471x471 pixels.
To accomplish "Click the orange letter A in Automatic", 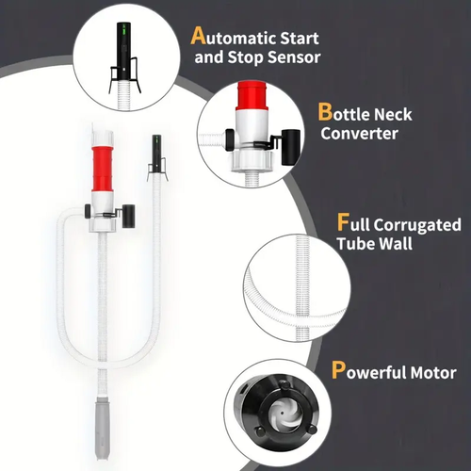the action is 198,36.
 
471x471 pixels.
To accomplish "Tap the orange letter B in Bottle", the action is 325,112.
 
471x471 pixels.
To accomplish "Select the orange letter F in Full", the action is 343,221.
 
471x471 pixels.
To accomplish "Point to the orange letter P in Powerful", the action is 338,370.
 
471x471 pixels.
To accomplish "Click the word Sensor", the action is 294,57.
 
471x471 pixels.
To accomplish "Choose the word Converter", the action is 359,133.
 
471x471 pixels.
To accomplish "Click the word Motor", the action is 433,373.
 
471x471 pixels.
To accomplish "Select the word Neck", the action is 393,114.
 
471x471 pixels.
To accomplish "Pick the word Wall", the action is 396,244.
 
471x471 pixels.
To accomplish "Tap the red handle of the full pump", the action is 103,168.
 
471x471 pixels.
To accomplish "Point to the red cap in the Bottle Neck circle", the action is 252,96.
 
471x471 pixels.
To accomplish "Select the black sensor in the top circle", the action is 125,50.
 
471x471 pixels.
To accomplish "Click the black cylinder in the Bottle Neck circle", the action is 290,147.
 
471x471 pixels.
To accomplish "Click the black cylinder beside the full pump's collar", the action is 128,216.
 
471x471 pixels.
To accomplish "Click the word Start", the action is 299,39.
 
